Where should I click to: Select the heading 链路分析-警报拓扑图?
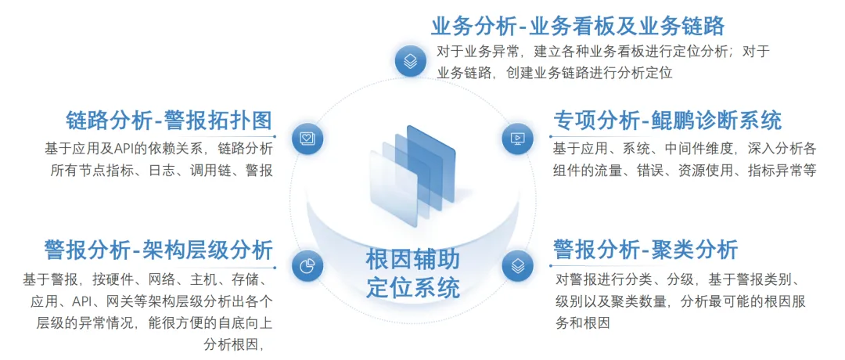(x=169, y=121)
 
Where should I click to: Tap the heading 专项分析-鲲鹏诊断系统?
(x=667, y=121)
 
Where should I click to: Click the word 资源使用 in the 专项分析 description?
(x=707, y=171)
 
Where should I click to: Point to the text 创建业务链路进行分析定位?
(x=590, y=73)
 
